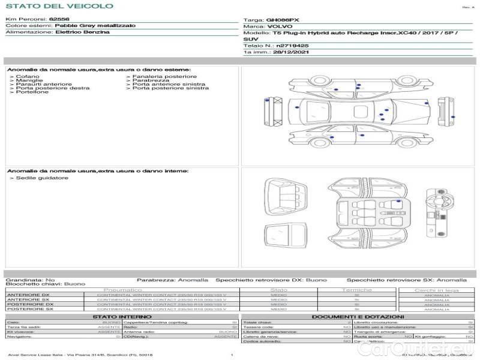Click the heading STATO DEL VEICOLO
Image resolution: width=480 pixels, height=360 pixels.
click(x=59, y=6)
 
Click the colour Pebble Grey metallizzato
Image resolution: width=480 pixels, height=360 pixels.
click(x=95, y=26)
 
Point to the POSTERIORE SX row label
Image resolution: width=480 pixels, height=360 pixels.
click(x=30, y=309)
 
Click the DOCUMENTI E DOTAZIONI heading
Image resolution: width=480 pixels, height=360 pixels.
click(x=358, y=316)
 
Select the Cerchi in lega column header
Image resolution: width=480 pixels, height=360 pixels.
click(x=437, y=290)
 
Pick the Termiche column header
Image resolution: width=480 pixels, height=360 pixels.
click(x=357, y=290)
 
